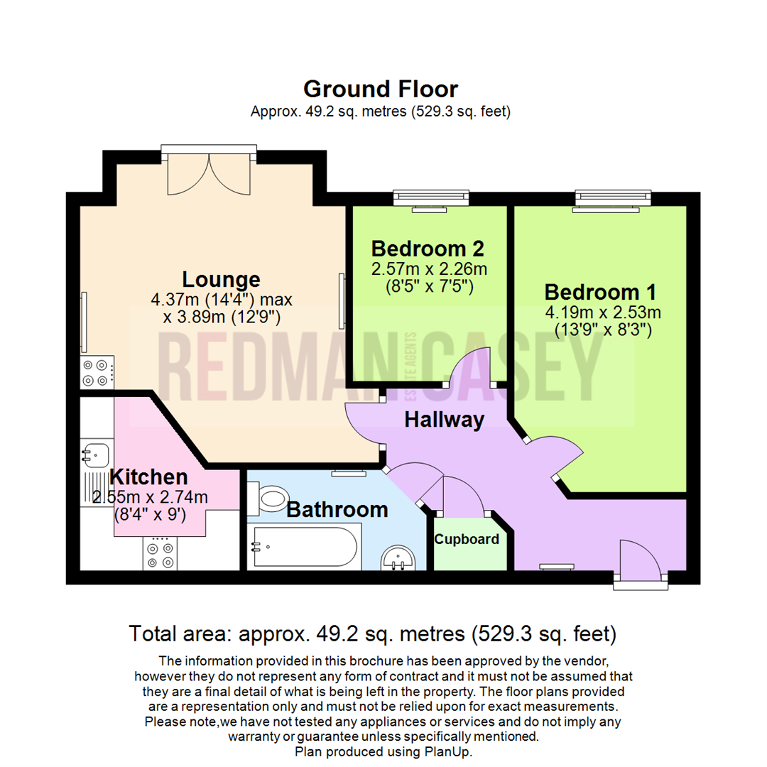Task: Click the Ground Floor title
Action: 381,89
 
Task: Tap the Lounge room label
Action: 221,278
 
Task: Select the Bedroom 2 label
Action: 428,249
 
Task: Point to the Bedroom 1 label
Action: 600,292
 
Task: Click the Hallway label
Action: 444,420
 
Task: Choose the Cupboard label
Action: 467,539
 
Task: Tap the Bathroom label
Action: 337,509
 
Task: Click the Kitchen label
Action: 148,477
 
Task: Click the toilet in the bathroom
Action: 271,498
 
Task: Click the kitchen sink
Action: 94,453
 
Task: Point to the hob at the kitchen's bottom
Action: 159,553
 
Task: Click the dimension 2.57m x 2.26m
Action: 429,269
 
